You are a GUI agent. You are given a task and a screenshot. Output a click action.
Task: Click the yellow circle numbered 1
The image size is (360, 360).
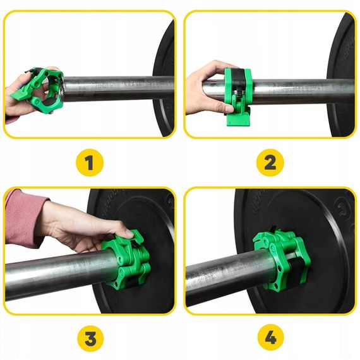[90, 164]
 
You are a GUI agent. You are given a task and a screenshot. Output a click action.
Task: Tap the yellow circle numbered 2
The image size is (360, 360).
[270, 164]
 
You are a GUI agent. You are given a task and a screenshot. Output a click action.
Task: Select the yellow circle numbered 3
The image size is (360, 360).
[90, 339]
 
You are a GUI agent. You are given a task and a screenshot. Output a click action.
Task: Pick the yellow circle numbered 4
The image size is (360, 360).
[270, 339]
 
